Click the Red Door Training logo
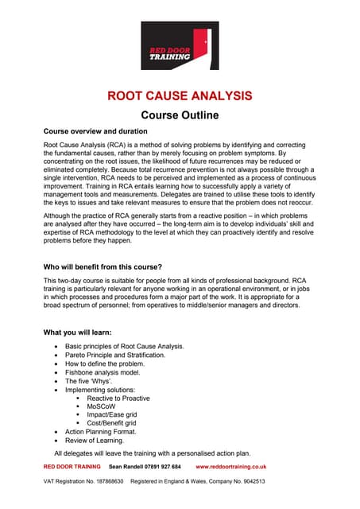pos(180,46)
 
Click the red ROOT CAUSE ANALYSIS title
pos(180,96)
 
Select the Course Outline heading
pos(180,115)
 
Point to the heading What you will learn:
pos(77,332)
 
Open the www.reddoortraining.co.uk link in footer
pos(230,467)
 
